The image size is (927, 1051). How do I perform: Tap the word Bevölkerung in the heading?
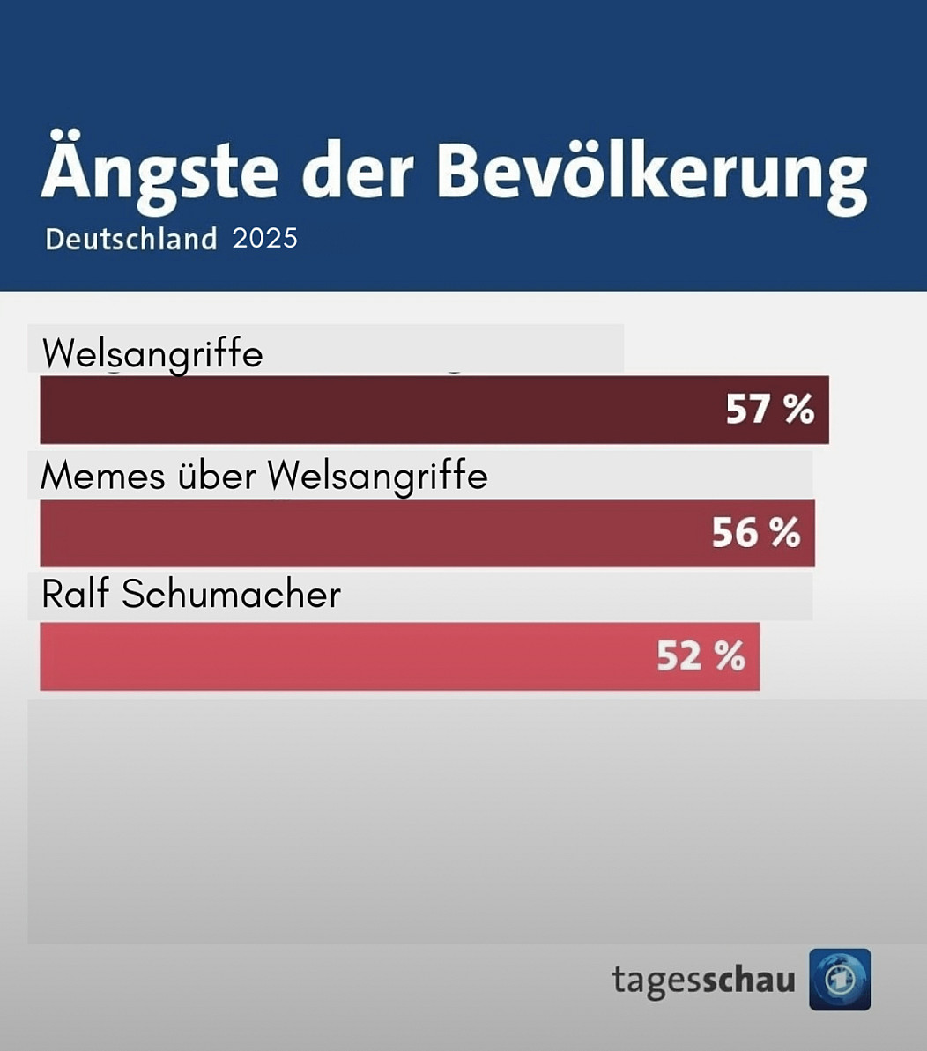(652, 172)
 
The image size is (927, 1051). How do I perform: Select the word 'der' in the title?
(362, 172)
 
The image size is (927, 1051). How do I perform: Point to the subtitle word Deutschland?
(131, 239)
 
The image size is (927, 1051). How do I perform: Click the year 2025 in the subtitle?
(265, 238)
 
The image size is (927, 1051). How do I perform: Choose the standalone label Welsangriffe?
(152, 354)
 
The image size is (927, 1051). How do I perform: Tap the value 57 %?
(769, 410)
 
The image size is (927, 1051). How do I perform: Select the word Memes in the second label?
(103, 476)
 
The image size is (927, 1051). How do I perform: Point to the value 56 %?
(756, 533)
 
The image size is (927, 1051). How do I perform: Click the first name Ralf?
(76, 595)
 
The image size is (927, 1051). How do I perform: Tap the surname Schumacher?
(231, 595)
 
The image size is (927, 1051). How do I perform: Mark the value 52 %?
(701, 656)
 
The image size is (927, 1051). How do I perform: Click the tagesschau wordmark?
(703, 980)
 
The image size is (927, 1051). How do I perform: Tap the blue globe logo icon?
(840, 980)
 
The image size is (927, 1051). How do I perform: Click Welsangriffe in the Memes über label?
(378, 477)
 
